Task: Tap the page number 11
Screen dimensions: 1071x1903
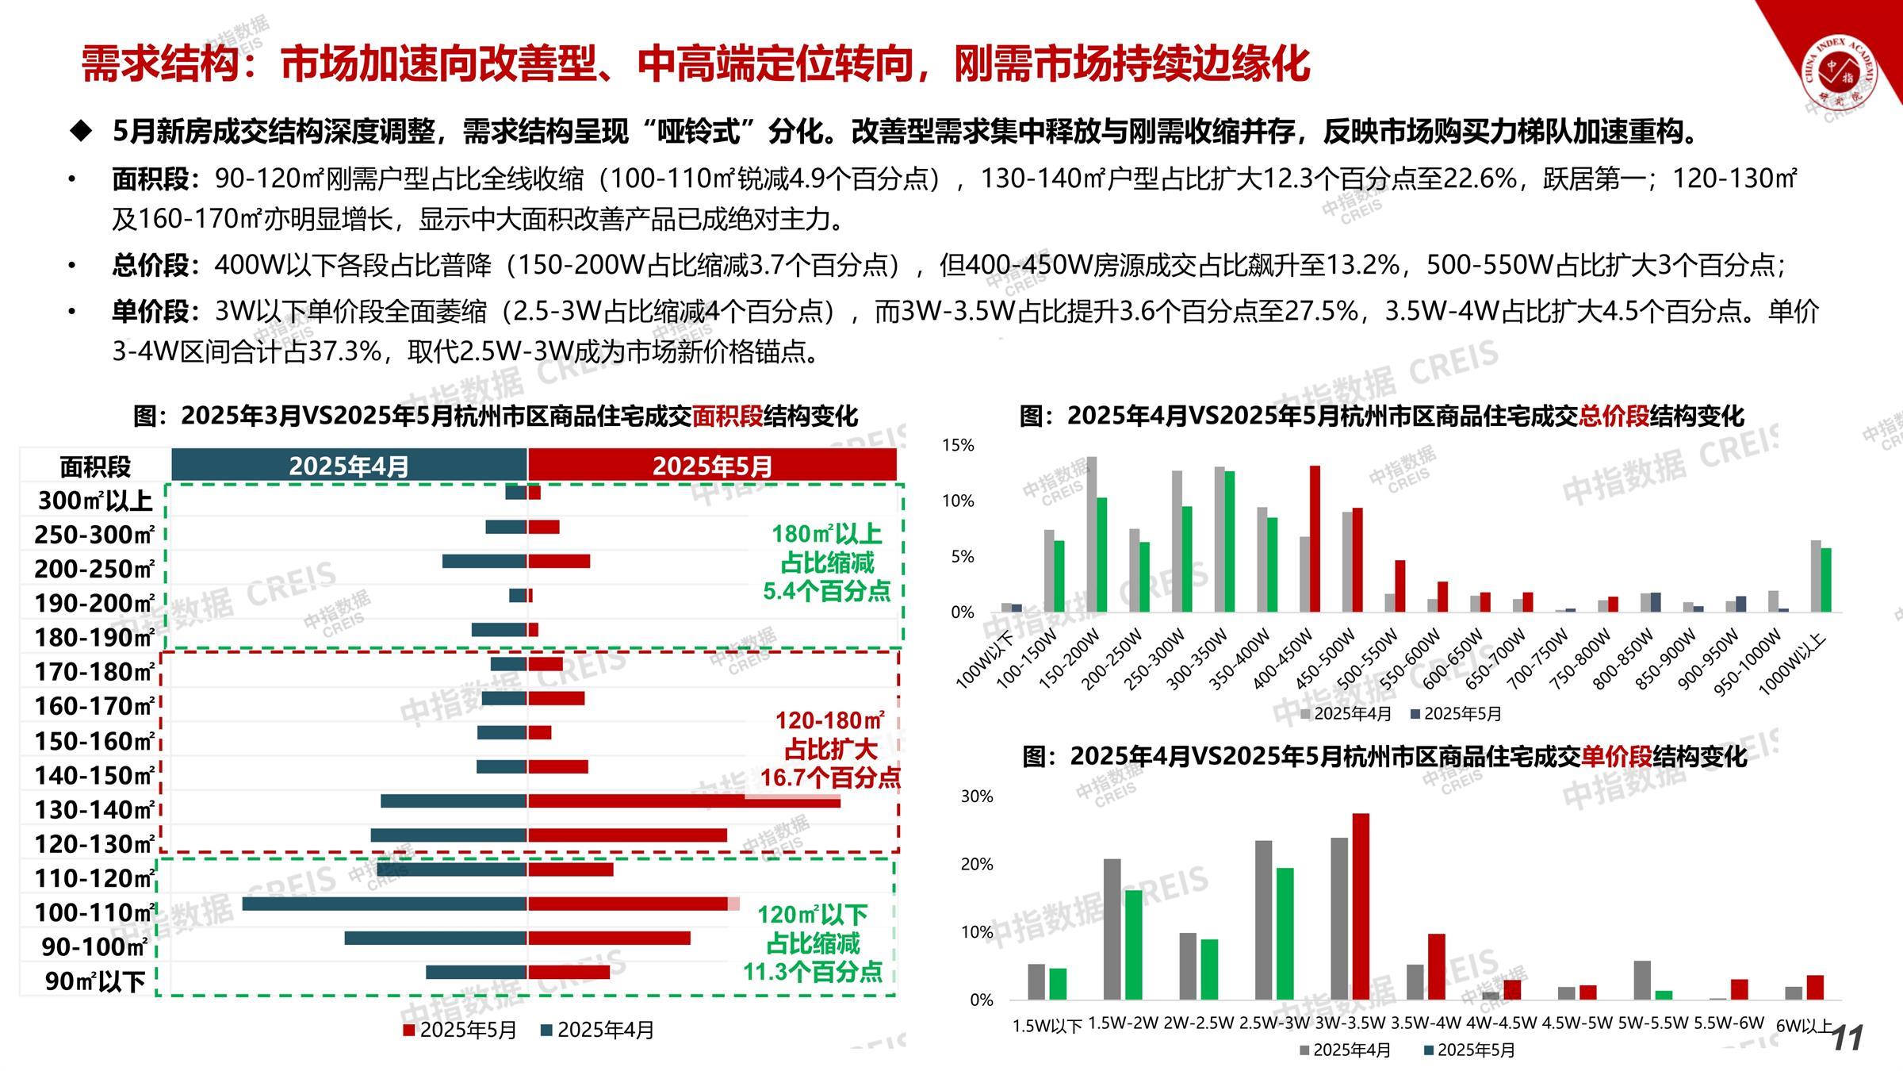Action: tap(1847, 1038)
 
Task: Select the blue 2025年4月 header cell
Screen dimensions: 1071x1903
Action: tap(349, 466)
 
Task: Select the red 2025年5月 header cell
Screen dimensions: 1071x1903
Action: tap(712, 466)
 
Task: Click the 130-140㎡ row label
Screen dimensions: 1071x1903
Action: tap(94, 809)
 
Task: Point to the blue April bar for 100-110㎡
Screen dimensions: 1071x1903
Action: tap(385, 904)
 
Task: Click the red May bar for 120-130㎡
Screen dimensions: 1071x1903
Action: tap(627, 835)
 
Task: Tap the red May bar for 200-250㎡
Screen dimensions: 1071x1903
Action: tap(559, 562)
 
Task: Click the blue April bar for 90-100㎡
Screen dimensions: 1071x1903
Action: tap(436, 938)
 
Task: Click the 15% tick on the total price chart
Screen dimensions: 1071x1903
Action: tap(958, 446)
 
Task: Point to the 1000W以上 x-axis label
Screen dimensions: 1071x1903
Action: tap(1794, 663)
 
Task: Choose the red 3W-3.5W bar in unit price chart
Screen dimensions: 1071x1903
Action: tap(1361, 906)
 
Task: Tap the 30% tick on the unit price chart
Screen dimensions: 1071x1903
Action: tap(976, 797)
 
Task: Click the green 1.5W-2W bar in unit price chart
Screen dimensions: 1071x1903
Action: tap(1134, 944)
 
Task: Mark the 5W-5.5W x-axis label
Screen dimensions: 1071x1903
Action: tap(1652, 1023)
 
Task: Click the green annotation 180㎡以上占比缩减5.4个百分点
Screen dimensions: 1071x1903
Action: tap(827, 562)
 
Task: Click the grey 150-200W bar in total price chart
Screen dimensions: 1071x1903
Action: tap(1092, 534)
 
